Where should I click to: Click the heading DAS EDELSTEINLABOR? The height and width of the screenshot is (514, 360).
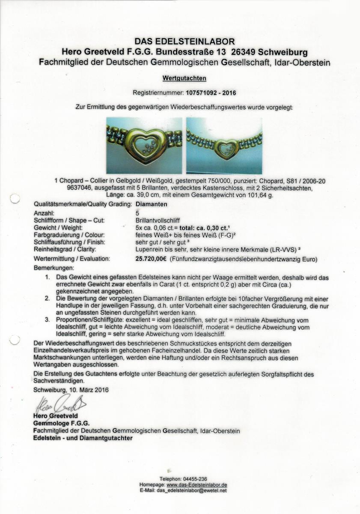[184, 42]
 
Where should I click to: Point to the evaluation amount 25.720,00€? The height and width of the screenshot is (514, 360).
[151, 259]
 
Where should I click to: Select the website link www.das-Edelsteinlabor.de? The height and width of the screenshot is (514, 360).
[196, 484]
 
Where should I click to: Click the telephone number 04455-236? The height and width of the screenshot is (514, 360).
[196, 479]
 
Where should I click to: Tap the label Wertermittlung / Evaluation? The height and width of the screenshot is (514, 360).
[71, 259]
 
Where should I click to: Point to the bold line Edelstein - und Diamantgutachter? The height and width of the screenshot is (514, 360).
[83, 438]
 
